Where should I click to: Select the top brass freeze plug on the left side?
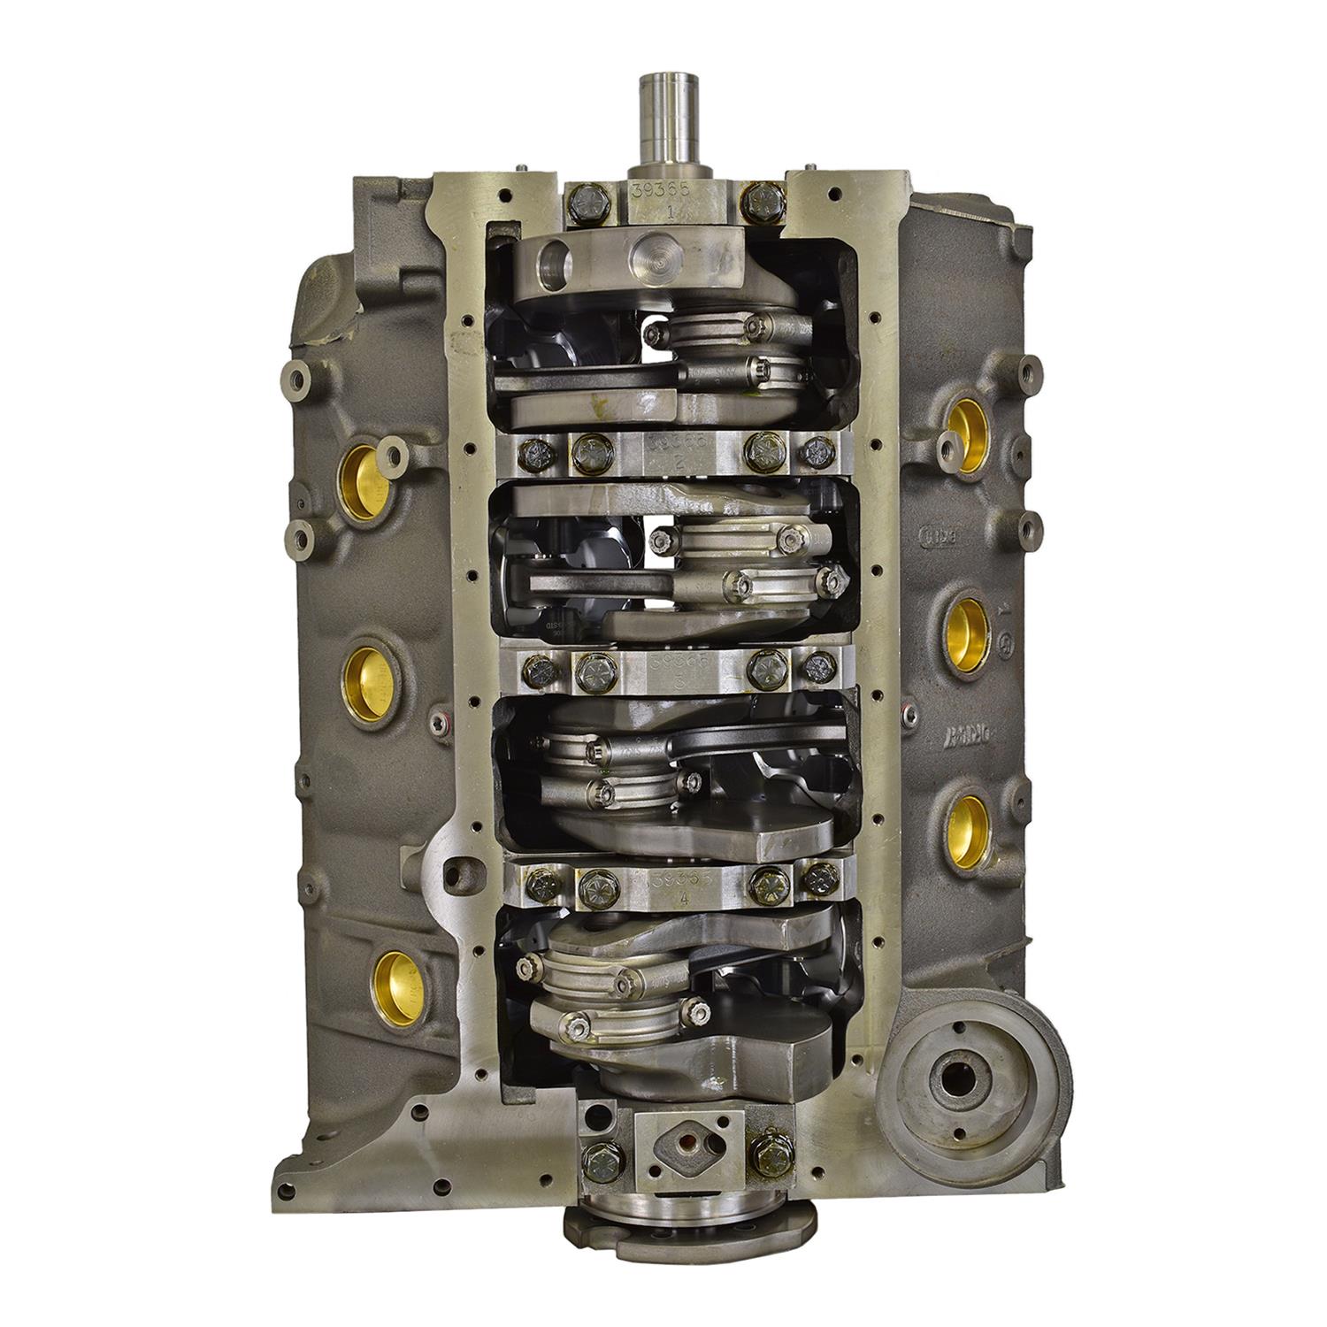tap(364, 478)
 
